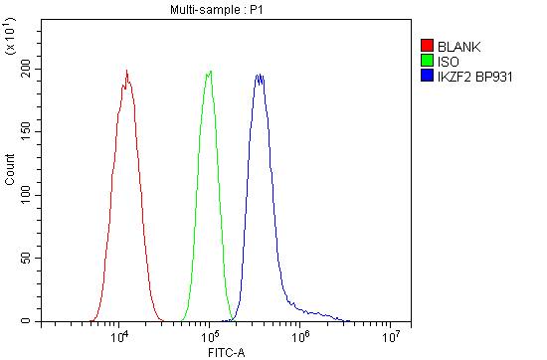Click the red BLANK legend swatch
[x=428, y=46]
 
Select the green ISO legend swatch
[x=428, y=61]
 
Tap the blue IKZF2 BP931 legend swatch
[x=428, y=76]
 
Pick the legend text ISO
[x=447, y=61]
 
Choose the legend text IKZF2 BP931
[x=475, y=76]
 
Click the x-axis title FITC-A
[x=226, y=352]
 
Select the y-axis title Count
[x=10, y=175]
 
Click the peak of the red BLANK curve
[x=127, y=71]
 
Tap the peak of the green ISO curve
[x=210, y=71]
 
